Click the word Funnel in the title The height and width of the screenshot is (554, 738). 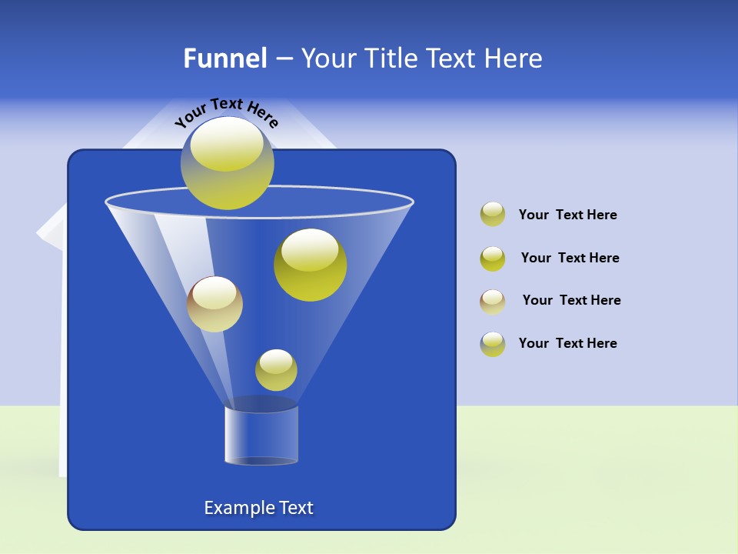tap(225, 58)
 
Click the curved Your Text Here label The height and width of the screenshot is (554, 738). tap(226, 112)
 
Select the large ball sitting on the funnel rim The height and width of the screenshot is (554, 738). tap(227, 163)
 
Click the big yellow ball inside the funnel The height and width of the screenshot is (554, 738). tap(310, 265)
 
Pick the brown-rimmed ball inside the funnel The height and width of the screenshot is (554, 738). tap(214, 304)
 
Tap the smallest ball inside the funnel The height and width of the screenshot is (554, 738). tap(276, 370)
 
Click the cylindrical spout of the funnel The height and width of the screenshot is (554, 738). tap(261, 435)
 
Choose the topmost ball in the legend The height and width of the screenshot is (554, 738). tap(493, 214)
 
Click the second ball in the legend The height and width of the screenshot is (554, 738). tap(493, 258)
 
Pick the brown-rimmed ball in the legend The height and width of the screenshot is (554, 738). tap(493, 301)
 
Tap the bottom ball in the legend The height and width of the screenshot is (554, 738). tap(493, 344)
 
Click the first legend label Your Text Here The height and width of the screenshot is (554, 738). tap(567, 215)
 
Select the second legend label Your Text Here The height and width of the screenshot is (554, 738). tap(570, 258)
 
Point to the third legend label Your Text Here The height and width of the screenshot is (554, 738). tap(571, 300)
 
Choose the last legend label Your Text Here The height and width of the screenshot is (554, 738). tap(567, 343)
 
